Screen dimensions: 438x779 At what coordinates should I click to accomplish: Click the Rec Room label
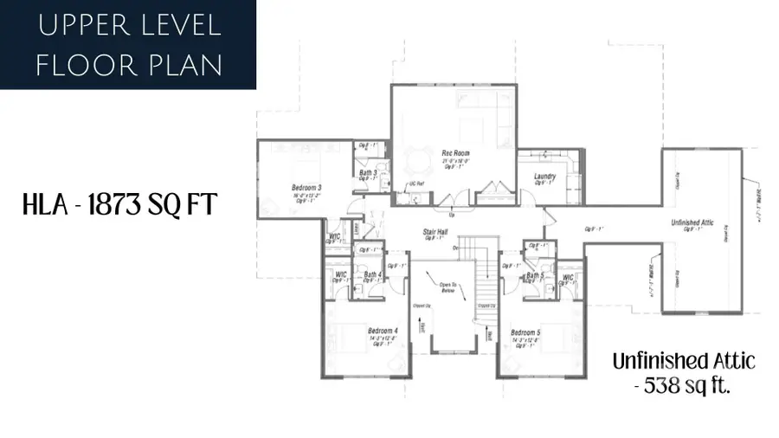(455, 153)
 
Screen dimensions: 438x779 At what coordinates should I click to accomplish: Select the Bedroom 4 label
(383, 331)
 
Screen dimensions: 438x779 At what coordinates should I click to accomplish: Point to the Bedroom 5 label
(525, 332)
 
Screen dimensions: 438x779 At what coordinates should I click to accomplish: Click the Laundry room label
(544, 177)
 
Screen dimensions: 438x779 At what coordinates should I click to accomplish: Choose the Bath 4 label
(373, 275)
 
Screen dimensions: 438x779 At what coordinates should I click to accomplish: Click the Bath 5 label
(534, 276)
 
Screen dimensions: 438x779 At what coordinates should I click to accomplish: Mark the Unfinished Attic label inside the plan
(691, 223)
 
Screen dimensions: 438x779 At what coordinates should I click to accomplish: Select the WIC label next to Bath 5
(568, 278)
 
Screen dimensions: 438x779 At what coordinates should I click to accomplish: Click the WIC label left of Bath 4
(340, 275)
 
